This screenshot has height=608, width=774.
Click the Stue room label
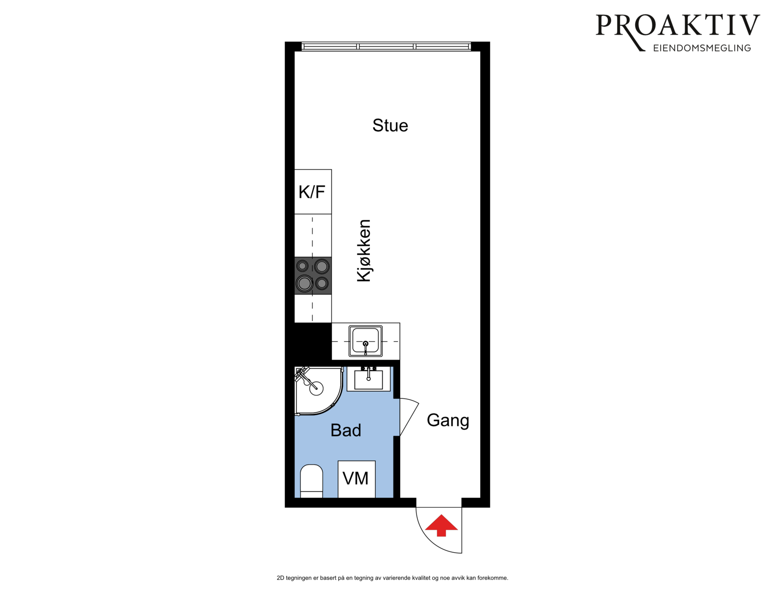(x=390, y=125)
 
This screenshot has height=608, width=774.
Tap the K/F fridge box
(x=313, y=191)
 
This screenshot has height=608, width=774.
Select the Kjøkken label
(x=364, y=251)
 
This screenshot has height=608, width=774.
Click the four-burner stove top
(x=313, y=276)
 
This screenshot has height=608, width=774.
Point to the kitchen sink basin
(x=365, y=341)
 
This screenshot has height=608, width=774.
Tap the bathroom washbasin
(x=369, y=379)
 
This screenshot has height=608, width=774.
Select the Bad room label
(x=345, y=430)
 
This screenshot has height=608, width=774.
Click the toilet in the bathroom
(x=312, y=481)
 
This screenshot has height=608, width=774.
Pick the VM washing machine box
(x=357, y=479)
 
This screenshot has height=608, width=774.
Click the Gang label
(x=448, y=421)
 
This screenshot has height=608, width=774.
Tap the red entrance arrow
(x=441, y=525)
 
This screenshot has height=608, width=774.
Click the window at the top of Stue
(x=387, y=46)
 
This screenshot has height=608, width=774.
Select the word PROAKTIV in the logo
(x=678, y=26)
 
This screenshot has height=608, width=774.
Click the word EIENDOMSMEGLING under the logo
(x=702, y=48)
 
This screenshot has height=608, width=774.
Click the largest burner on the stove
(x=305, y=284)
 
